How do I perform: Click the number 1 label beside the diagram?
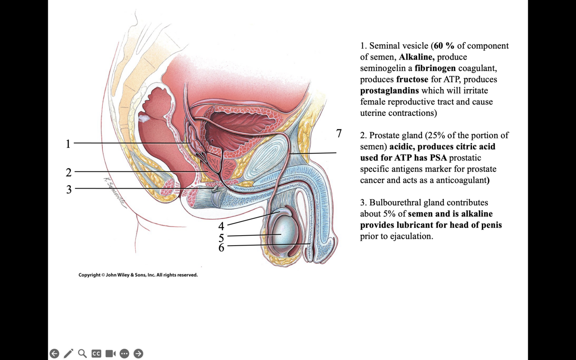pos(68,144)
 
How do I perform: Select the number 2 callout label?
pos(69,173)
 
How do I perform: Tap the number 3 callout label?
pos(69,189)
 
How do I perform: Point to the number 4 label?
pos(222,226)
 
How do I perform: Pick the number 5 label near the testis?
pos(222,237)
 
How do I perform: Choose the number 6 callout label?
pos(222,247)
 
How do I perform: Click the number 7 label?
pos(339,133)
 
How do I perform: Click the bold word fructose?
pos(412,79)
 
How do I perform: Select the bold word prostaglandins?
pos(389,91)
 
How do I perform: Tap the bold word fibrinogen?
pos(435,68)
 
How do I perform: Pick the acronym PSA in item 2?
pos(438,158)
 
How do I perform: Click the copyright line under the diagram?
pos(138,275)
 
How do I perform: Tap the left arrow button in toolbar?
pos(54,354)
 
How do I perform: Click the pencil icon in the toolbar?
pos(68,354)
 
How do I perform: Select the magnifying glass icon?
pos(82,354)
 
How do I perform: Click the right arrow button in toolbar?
pos(138,354)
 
